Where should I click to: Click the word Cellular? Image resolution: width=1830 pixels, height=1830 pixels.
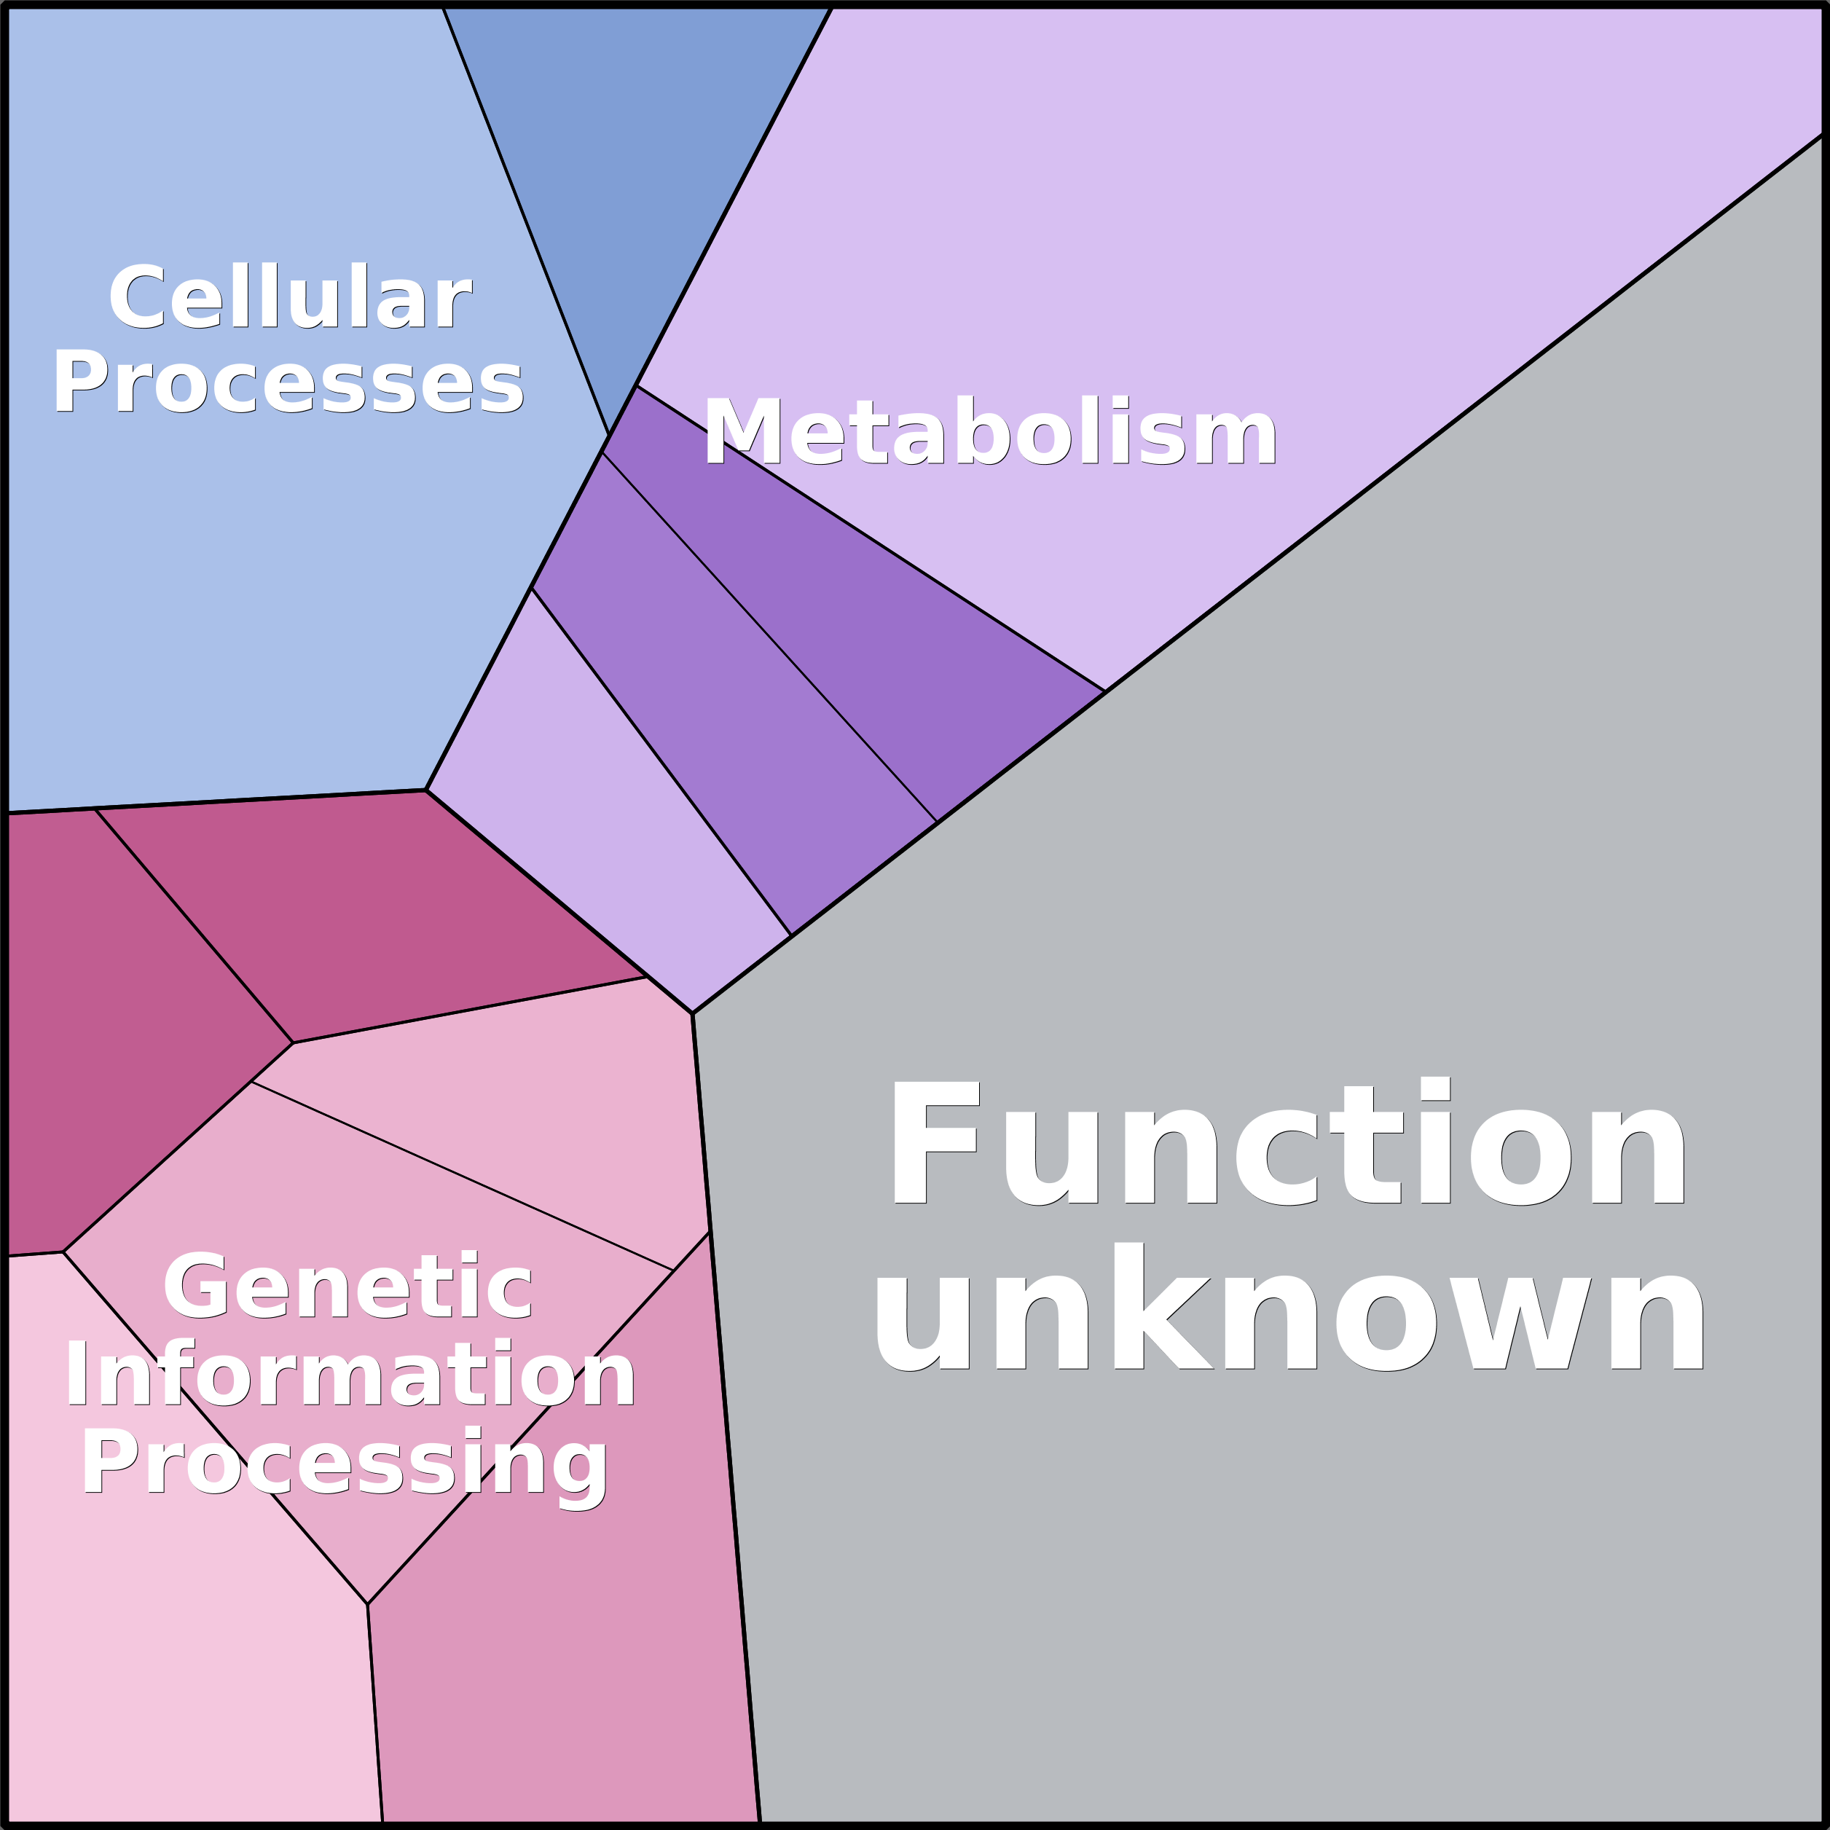290,297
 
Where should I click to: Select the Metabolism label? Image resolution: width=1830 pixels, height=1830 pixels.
990,432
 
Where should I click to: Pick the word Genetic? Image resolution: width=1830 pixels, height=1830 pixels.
348,1285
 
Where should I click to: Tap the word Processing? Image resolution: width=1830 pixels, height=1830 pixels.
345,1464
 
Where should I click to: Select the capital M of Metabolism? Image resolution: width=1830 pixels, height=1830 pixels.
742,432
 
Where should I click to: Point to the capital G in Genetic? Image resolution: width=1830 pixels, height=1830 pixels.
195,1285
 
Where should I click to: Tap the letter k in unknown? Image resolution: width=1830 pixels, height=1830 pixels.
1163,1305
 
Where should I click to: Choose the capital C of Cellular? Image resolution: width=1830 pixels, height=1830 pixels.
138,297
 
